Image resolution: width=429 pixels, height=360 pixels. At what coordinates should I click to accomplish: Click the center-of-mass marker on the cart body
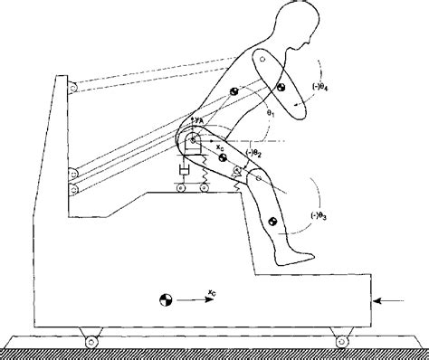pos(165,297)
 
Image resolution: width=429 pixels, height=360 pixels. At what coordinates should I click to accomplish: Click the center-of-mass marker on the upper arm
pos(281,87)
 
